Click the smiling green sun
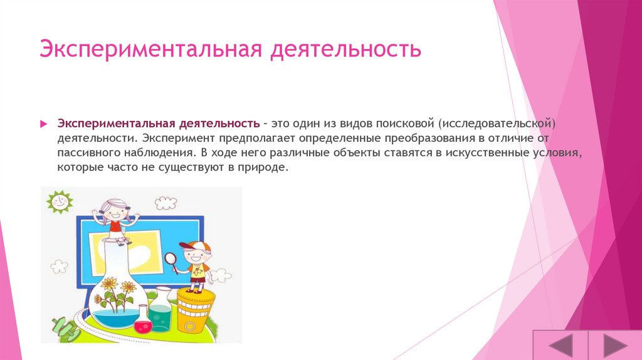(60, 202)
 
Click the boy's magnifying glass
(171, 259)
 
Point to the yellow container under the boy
(194, 310)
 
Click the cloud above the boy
(166, 202)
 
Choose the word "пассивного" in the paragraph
(87, 153)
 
